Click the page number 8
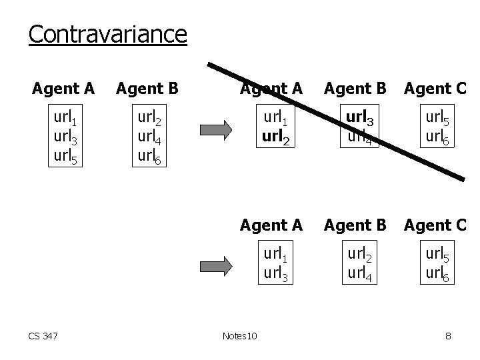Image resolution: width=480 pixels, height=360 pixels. pyautogui.click(x=448, y=336)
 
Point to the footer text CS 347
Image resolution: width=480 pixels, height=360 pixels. pyautogui.click(x=43, y=336)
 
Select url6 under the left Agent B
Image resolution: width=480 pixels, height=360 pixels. pyautogui.click(x=151, y=157)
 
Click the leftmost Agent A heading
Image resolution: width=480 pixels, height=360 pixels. pyautogui.click(x=63, y=88)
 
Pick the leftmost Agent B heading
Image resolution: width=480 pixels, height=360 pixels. pyautogui.click(x=147, y=88)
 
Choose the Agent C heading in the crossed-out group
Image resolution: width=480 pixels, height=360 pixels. pyautogui.click(x=435, y=88)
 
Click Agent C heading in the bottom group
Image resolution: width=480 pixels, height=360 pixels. pyautogui.click(x=435, y=225)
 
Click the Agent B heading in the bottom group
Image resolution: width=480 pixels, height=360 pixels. pyautogui.click(x=355, y=225)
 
